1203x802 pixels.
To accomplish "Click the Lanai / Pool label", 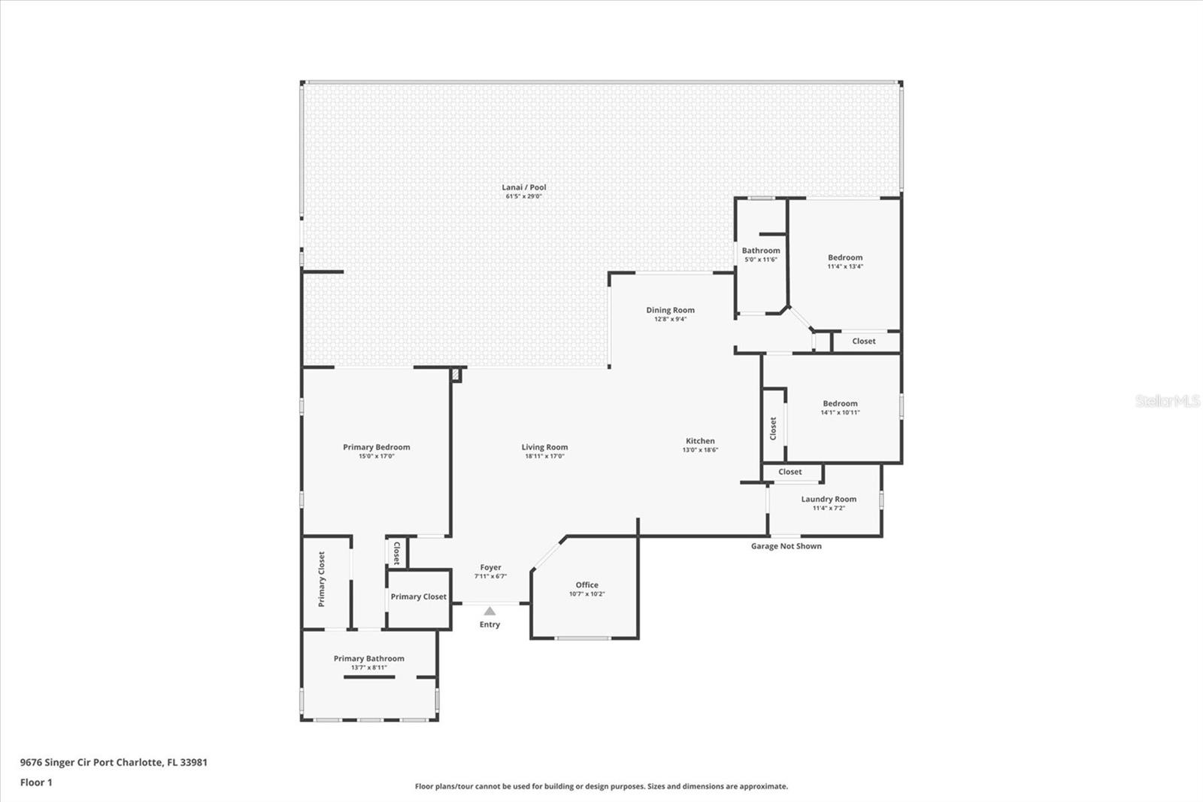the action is pyautogui.click(x=523, y=187).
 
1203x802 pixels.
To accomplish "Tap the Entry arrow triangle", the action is pyautogui.click(x=489, y=611).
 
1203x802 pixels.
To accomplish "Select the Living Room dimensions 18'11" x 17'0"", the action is pyautogui.click(x=544, y=457).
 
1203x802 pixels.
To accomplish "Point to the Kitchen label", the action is pyautogui.click(x=700, y=441).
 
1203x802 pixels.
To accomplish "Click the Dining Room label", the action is pyautogui.click(x=670, y=310).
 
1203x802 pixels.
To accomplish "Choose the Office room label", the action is pyautogui.click(x=586, y=585).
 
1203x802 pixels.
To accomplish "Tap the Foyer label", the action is pyautogui.click(x=490, y=567).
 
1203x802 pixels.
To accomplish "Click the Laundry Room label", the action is pyautogui.click(x=829, y=500).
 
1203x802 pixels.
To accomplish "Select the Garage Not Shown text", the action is pyautogui.click(x=786, y=546).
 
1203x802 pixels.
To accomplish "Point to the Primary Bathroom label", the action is pyautogui.click(x=369, y=658).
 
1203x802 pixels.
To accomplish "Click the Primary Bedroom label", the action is pyautogui.click(x=377, y=447).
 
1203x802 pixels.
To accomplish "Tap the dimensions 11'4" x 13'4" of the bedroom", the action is pyautogui.click(x=845, y=266).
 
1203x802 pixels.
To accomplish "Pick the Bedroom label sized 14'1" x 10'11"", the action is pyautogui.click(x=840, y=404).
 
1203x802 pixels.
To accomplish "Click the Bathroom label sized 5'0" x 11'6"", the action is pyautogui.click(x=760, y=251).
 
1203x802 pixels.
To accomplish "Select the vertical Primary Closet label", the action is pyautogui.click(x=322, y=579).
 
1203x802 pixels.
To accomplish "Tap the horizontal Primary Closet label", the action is pyautogui.click(x=418, y=597).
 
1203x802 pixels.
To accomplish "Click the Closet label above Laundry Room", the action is pyautogui.click(x=790, y=472).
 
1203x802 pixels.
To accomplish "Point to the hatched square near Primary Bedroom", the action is pyautogui.click(x=456, y=375).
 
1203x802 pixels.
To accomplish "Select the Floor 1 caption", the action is pyautogui.click(x=36, y=782).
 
